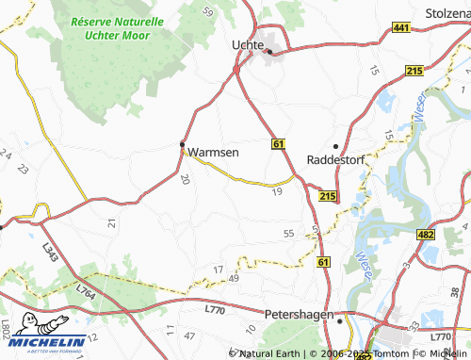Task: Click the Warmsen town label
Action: (x=213, y=151)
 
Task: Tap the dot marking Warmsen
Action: (x=183, y=144)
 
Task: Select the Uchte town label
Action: (x=249, y=43)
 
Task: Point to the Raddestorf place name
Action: (x=336, y=159)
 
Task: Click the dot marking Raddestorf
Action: (x=335, y=145)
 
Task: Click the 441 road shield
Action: (x=401, y=30)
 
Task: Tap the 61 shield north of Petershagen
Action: (x=324, y=261)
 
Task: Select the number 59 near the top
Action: (x=208, y=11)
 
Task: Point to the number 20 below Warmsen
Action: (x=185, y=178)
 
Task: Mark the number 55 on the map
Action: (x=288, y=233)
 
